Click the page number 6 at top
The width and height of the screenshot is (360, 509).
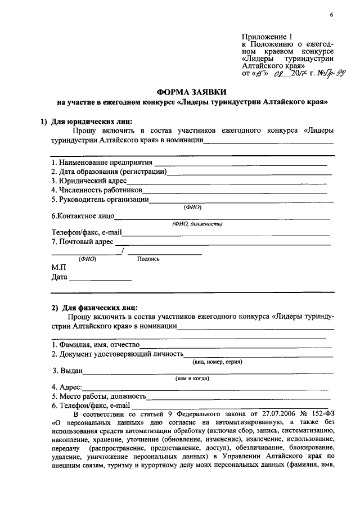(332, 14)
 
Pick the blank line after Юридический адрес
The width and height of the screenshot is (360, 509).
(227, 182)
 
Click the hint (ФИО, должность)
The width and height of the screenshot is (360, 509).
(197, 224)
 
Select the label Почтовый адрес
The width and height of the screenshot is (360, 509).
(82, 241)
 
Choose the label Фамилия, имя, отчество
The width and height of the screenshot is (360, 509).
(96, 344)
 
